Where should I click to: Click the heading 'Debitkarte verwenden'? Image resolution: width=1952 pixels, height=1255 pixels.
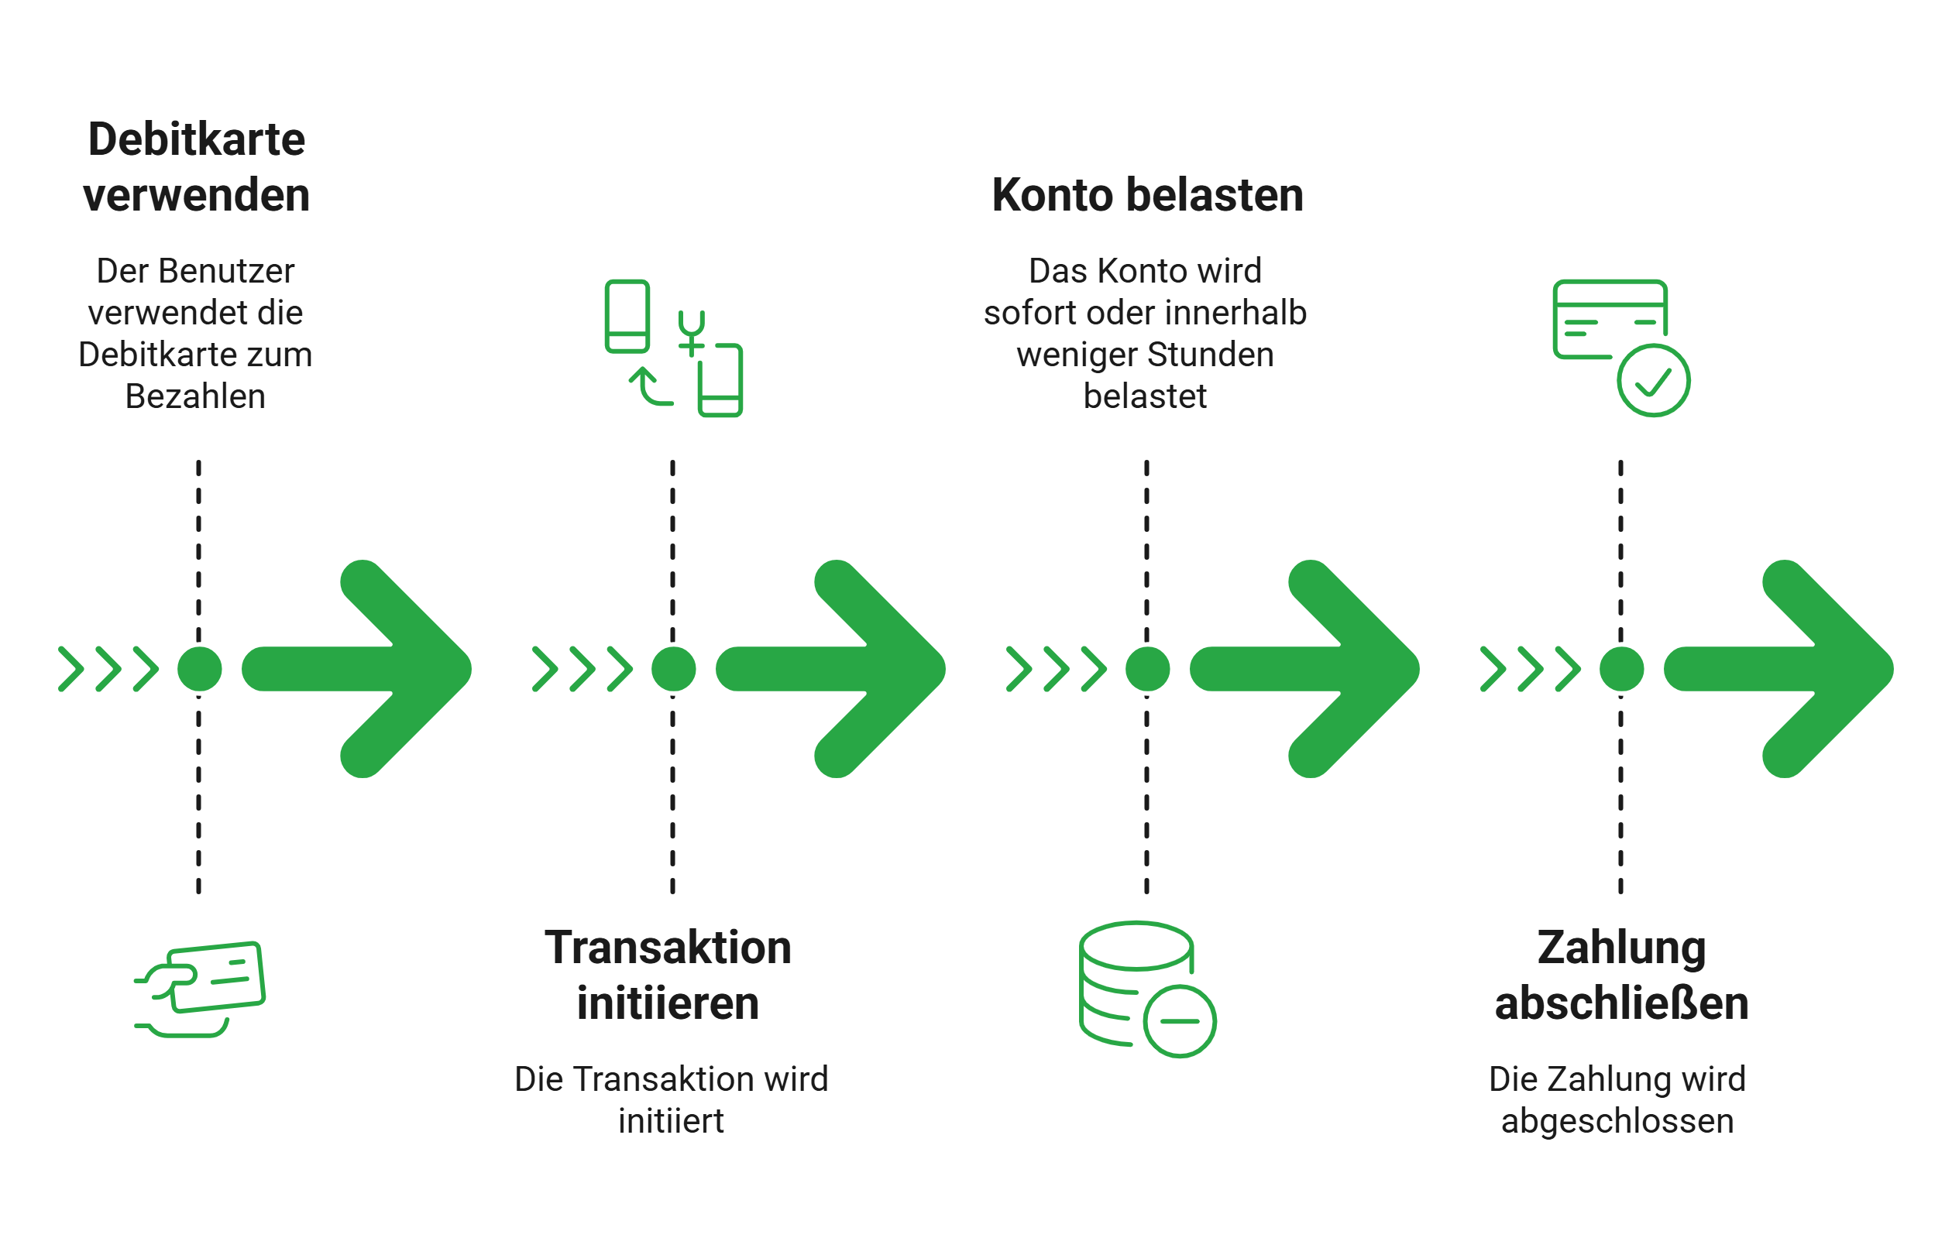197,167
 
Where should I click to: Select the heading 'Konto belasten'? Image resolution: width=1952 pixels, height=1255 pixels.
1147,196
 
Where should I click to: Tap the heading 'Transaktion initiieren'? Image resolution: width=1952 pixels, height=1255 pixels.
668,976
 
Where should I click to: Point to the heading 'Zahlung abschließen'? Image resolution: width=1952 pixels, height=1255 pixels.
1621,976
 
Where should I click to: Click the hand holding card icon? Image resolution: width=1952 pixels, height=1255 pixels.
201,989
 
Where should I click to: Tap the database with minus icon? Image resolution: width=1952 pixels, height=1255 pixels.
1146,989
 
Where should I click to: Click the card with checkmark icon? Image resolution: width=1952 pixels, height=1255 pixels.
1620,347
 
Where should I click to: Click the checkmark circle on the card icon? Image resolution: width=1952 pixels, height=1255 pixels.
1654,381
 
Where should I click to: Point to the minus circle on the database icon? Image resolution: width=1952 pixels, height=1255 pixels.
1179,1021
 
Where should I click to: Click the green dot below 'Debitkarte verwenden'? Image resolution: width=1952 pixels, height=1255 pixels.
200,669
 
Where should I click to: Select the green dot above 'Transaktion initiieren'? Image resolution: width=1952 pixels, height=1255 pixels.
673,669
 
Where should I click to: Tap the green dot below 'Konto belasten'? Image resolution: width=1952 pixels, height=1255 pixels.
1147,669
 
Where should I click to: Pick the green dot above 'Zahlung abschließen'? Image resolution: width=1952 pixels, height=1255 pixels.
1621,669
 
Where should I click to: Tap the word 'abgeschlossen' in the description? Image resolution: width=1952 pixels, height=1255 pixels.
1617,1121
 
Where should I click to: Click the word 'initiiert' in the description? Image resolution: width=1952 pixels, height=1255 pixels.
671,1121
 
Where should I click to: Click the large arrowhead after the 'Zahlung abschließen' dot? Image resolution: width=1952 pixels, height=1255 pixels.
1827,669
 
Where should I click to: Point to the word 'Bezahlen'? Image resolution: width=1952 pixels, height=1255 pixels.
196,397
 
